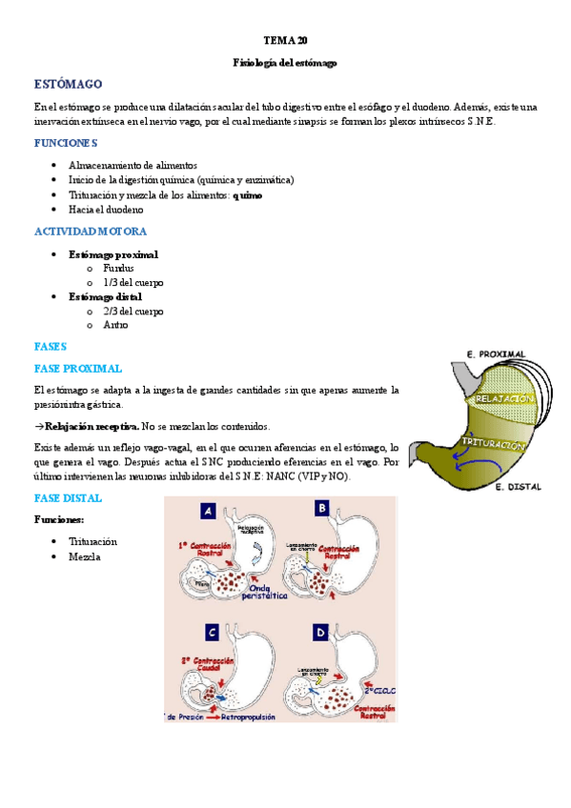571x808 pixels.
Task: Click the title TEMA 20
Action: pos(285,41)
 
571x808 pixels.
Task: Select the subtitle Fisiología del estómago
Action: pos(285,63)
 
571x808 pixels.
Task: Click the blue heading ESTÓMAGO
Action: pos(68,85)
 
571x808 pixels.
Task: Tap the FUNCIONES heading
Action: pos(66,143)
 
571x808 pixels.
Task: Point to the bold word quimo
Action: pos(248,194)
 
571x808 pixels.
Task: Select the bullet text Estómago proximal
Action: pos(113,254)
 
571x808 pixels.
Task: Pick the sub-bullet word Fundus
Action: pos(119,269)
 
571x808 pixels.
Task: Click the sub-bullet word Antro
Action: pos(116,325)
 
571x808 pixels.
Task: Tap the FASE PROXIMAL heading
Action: pos(78,368)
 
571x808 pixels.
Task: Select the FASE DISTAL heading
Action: pos(68,498)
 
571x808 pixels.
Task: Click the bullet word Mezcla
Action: pos(85,556)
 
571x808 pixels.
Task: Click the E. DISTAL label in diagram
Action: pos(518,487)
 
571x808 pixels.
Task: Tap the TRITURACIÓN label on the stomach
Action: pos(494,444)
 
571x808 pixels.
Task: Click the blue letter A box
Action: pos(207,512)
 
